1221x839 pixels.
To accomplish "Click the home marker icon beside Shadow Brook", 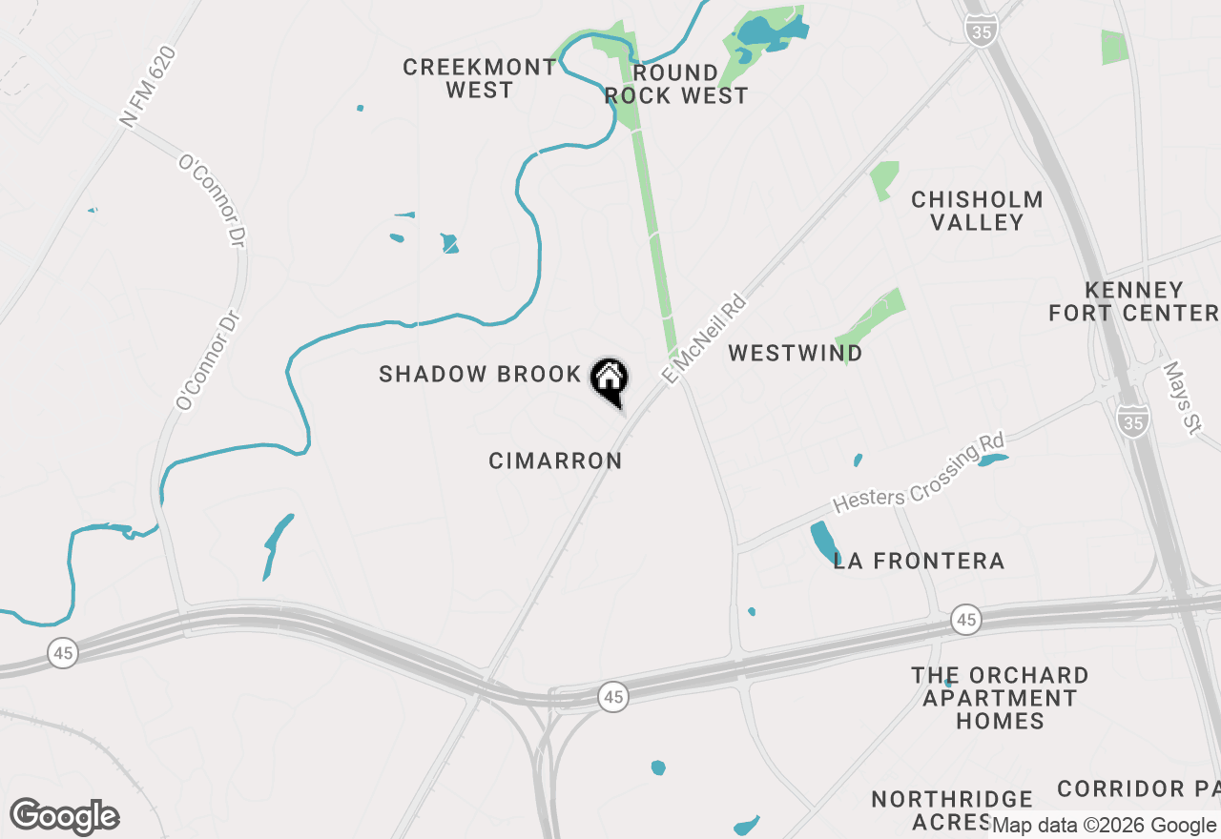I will (609, 379).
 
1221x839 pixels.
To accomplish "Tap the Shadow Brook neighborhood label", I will (480, 374).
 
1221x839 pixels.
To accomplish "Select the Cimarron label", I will (555, 460).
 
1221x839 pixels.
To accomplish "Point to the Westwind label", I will (796, 353).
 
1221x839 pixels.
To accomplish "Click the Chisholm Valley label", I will (977, 211).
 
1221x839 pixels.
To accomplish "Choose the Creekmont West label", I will (479, 78).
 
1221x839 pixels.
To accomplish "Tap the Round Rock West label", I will (675, 84).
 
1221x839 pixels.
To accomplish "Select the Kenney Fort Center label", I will (1134, 300).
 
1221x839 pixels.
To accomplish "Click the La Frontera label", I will (919, 561).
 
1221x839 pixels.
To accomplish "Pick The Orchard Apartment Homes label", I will (1000, 698).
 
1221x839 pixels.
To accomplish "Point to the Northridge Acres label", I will (952, 809).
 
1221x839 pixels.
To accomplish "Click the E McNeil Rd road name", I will (703, 339).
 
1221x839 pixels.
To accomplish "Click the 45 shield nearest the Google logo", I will (63, 653).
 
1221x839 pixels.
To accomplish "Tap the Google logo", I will (65, 816).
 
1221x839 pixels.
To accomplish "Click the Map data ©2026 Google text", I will (1104, 825).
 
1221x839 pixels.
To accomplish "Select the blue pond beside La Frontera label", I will (822, 542).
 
